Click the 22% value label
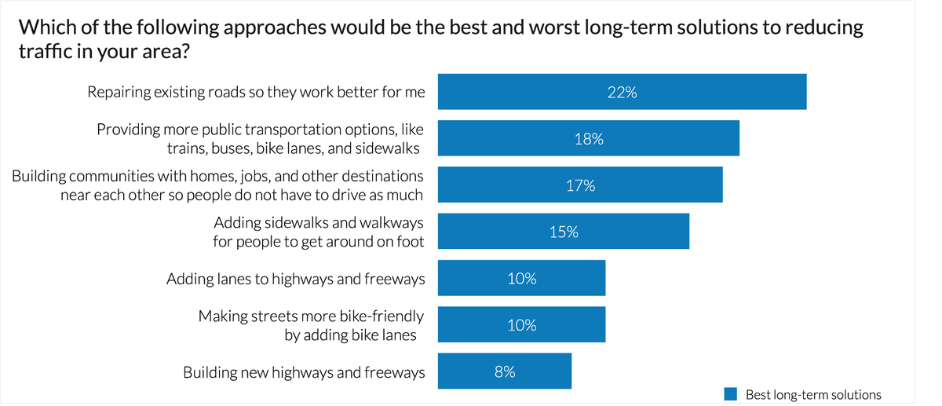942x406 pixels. (622, 92)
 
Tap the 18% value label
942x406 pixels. (589, 139)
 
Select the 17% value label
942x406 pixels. (580, 186)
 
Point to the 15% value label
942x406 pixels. (564, 232)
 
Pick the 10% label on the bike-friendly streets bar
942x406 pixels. (522, 325)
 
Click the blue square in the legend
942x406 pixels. (731, 395)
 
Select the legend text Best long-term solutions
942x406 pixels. (813, 395)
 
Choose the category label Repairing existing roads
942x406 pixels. (256, 92)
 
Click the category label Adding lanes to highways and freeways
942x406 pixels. (295, 279)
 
